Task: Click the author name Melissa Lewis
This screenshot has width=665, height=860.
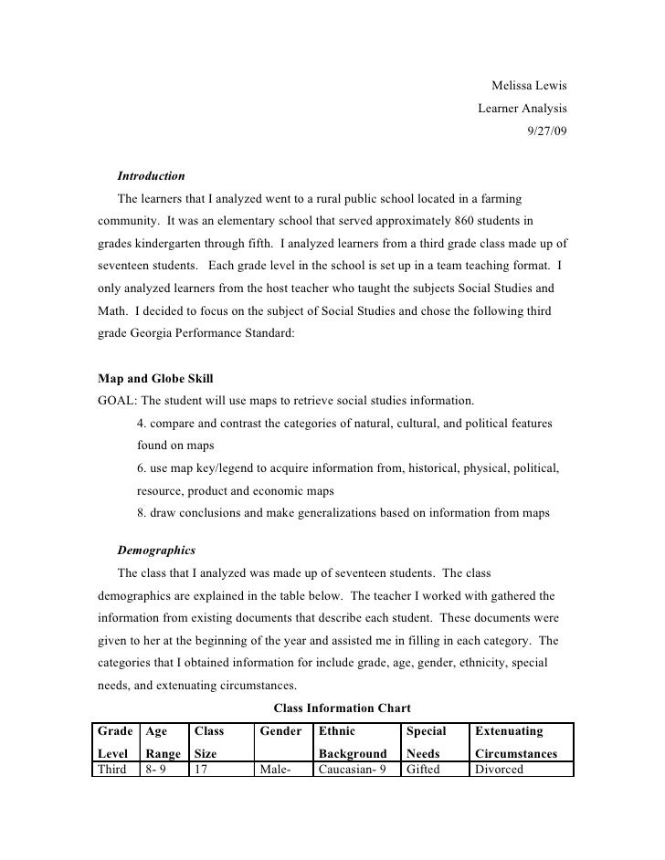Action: (529, 86)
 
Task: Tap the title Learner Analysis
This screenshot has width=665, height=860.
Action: (522, 108)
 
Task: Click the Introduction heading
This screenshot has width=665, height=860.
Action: (151, 175)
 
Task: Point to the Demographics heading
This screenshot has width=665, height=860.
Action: (155, 551)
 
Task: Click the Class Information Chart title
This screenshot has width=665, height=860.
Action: (343, 708)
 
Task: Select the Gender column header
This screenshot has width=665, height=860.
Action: (281, 731)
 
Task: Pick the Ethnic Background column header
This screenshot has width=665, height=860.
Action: (353, 742)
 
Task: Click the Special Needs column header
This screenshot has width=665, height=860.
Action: (426, 742)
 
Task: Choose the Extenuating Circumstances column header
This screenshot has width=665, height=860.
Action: (517, 742)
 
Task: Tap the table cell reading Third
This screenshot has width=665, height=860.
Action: (114, 770)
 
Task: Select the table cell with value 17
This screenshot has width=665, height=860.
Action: (203, 770)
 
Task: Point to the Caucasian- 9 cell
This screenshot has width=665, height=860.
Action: (352, 770)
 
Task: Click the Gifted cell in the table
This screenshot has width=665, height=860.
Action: (423, 770)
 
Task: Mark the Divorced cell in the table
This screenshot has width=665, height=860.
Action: (499, 770)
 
